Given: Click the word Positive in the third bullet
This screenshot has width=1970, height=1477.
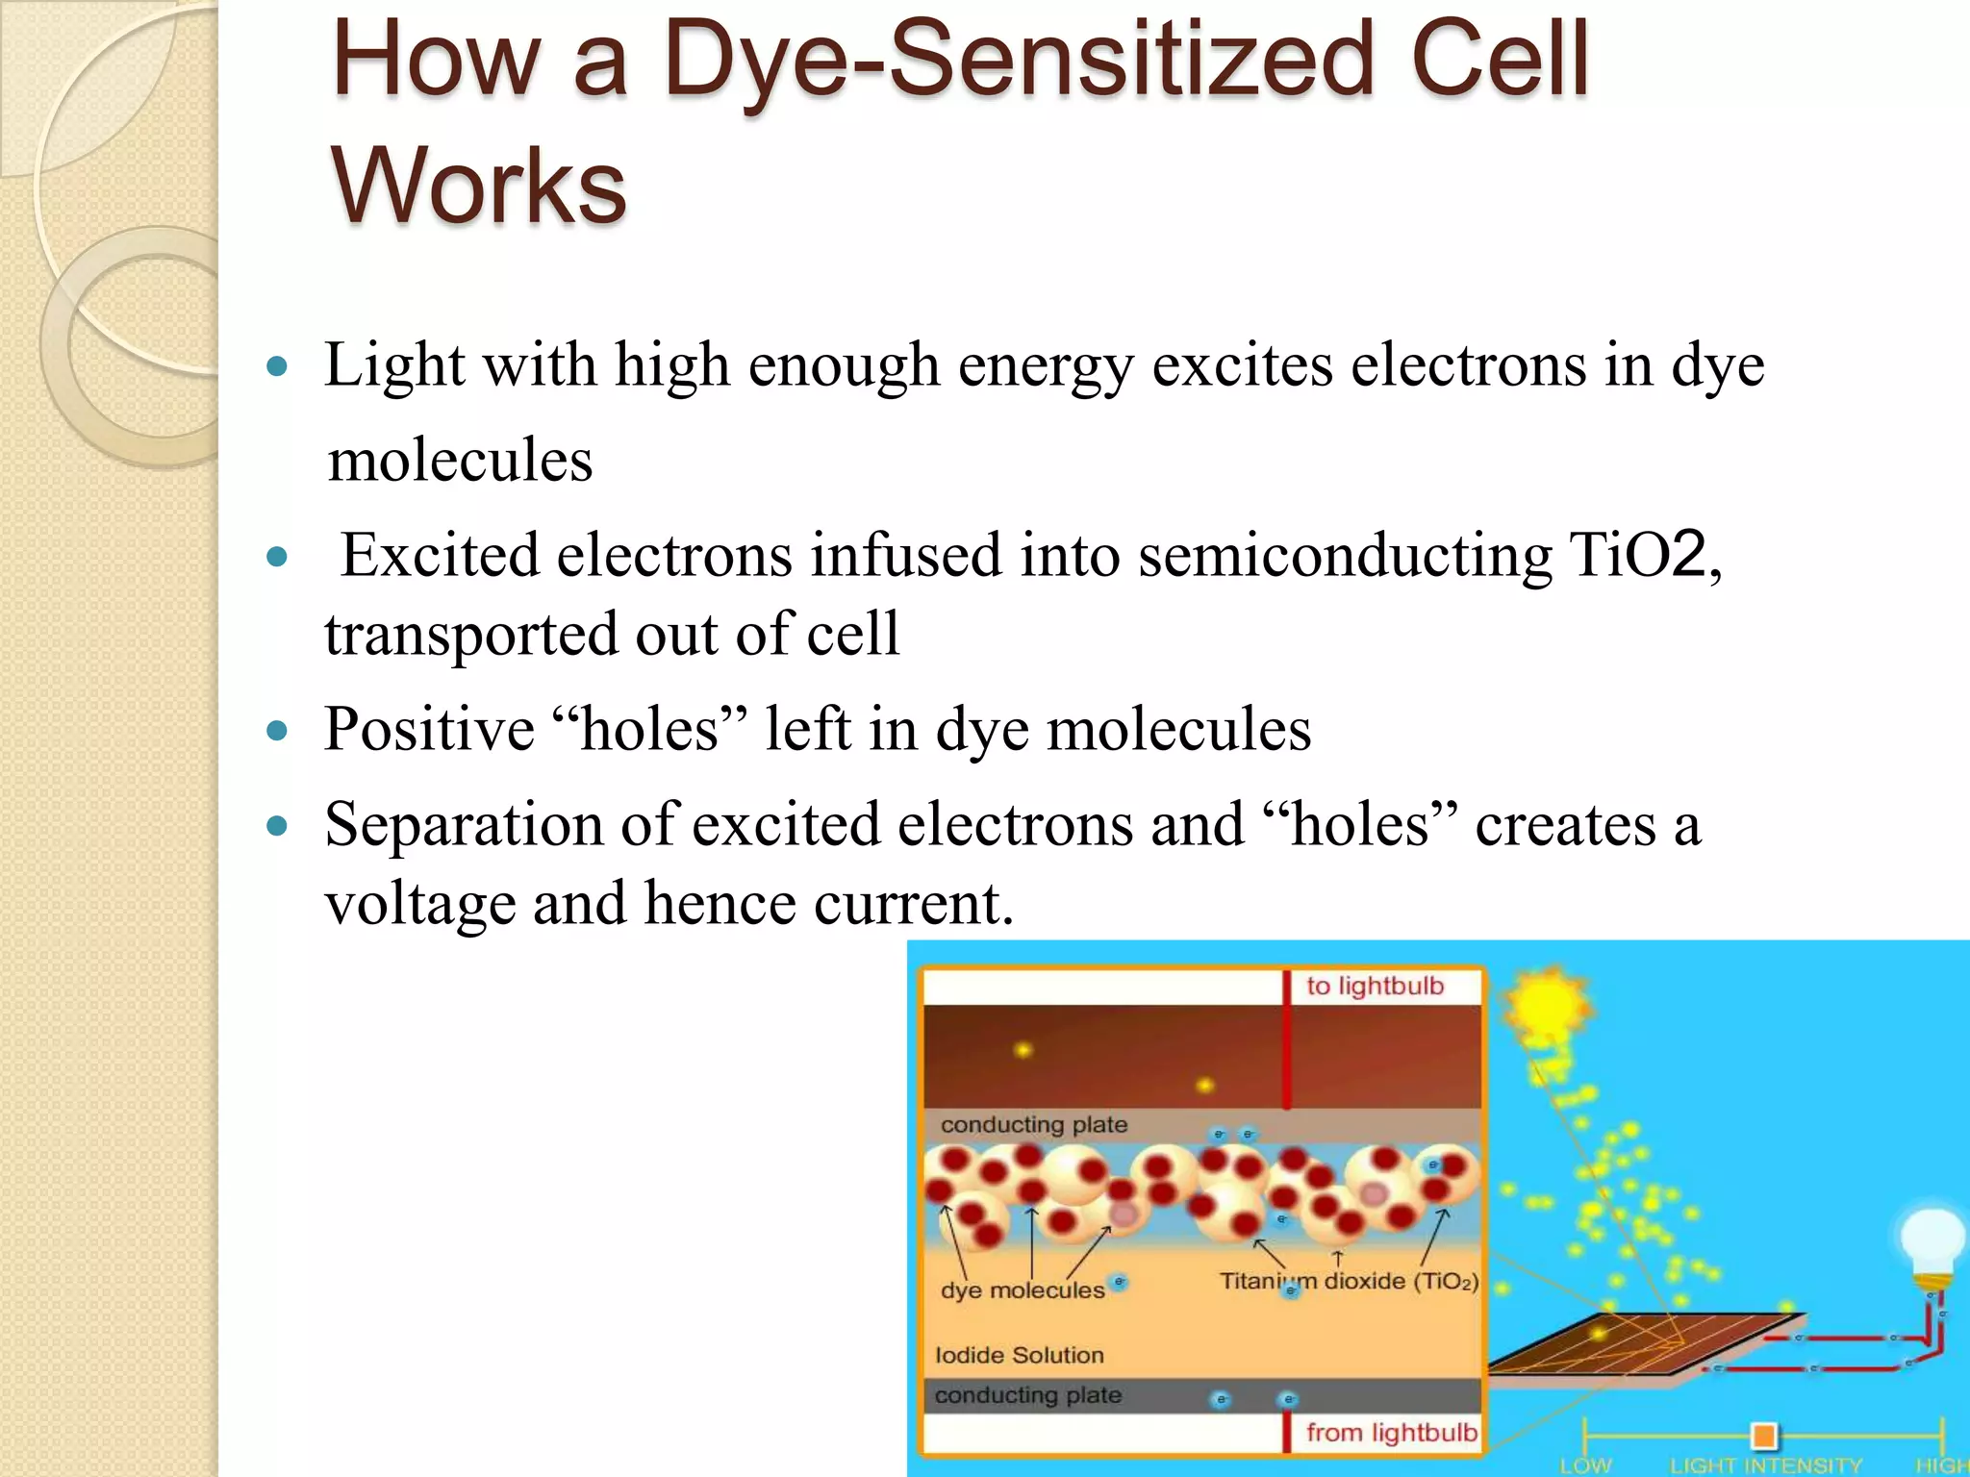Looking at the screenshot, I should point(429,729).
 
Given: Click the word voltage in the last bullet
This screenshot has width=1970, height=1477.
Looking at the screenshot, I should point(420,904).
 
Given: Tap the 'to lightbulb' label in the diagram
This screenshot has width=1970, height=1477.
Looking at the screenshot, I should point(1375,987).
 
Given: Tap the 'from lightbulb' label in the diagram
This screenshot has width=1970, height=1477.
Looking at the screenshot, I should point(1390,1433).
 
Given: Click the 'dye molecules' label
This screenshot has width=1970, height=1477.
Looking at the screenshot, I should point(1023,1290).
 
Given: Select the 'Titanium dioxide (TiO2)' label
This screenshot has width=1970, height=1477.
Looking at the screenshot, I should point(1349,1282).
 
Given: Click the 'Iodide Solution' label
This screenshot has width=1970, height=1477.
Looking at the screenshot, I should point(1020,1356).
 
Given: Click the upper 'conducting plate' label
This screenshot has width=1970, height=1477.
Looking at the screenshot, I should point(1034,1125).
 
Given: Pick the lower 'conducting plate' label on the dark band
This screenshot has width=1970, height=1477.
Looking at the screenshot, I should point(1028,1396).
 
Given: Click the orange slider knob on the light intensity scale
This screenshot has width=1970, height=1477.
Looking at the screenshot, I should point(1763,1437).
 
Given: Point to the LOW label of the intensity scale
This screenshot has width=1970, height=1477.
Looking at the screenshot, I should point(1584,1465).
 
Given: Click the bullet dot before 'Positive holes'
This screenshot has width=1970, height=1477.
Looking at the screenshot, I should point(277,731).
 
